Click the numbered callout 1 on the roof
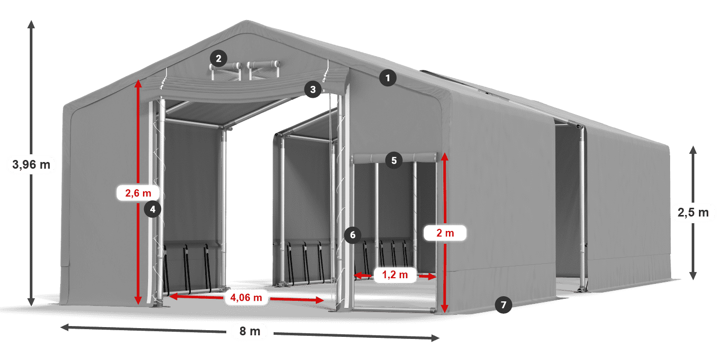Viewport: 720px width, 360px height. (388, 78)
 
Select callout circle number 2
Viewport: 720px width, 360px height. (219, 59)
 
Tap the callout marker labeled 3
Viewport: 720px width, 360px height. (313, 89)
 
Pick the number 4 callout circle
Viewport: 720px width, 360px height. (153, 209)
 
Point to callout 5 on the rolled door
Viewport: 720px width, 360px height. (393, 160)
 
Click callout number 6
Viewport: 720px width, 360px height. (352, 236)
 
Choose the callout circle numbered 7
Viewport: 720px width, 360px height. (503, 305)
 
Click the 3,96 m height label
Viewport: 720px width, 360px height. (31, 165)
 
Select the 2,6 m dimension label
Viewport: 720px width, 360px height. (138, 193)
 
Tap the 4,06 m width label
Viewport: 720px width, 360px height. (246, 297)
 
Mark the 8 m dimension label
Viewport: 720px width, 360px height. (250, 331)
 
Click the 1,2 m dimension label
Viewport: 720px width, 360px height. (394, 275)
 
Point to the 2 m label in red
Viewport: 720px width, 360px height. (445, 233)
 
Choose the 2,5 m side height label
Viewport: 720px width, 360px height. (693, 212)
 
